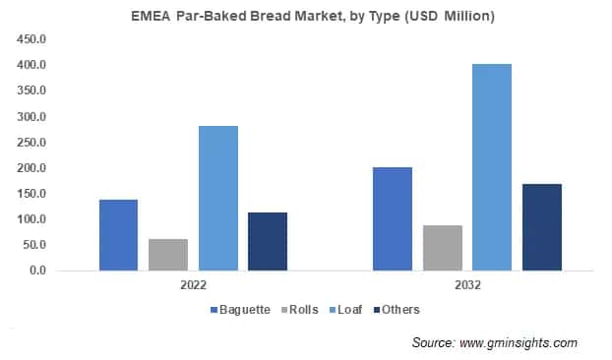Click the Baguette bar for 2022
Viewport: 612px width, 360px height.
118,234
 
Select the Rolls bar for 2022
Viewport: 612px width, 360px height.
168,254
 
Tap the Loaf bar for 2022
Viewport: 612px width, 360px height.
217,198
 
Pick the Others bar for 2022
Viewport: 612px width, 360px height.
267,241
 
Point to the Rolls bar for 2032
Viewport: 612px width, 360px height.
442,247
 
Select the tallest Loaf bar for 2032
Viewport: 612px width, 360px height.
492,167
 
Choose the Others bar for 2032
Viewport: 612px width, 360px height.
541,226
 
